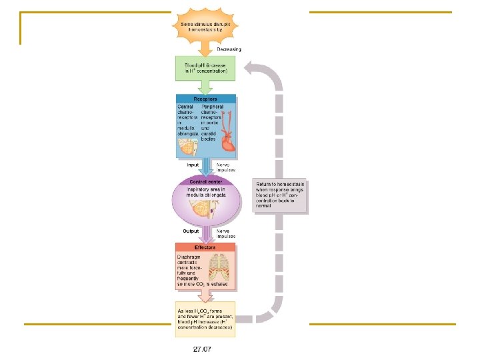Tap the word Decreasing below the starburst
pyautogui.click(x=229, y=49)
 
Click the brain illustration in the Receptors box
pyautogui.click(x=189, y=146)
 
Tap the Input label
pyautogui.click(x=193, y=164)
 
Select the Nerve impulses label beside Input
pyautogui.click(x=227, y=167)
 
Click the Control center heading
pyautogui.click(x=205, y=181)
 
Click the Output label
pyautogui.click(x=191, y=231)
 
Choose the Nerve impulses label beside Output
pyautogui.click(x=227, y=233)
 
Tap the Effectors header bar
pyautogui.click(x=205, y=247)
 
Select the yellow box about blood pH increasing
pyautogui.click(x=205, y=319)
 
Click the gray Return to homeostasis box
pyautogui.click(x=280, y=195)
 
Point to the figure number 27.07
pyautogui.click(x=203, y=349)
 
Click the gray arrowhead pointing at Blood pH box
pyautogui.click(x=249, y=67)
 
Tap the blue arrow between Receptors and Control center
pyautogui.click(x=206, y=166)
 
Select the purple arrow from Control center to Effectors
pyautogui.click(x=206, y=233)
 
